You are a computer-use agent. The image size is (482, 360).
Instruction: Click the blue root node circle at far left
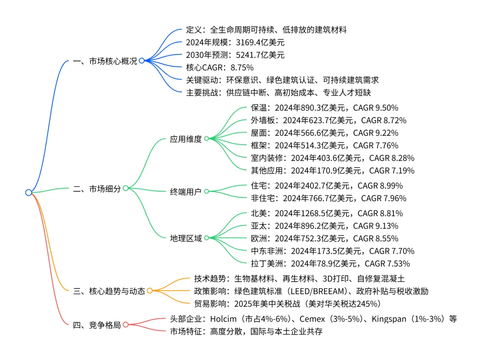click(x=29, y=193)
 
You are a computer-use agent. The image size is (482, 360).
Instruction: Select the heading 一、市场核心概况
click(x=105, y=61)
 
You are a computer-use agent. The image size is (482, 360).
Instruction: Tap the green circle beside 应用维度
click(x=207, y=139)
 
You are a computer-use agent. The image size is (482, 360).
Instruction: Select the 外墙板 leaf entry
click(x=328, y=120)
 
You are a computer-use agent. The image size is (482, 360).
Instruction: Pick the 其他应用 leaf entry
click(x=332, y=170)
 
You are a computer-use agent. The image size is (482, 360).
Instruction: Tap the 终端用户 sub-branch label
click(x=186, y=191)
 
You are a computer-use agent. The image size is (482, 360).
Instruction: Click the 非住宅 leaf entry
click(x=328, y=198)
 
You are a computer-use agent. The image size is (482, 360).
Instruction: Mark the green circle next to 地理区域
click(x=207, y=238)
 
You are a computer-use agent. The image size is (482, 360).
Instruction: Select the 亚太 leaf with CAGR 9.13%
click(x=324, y=226)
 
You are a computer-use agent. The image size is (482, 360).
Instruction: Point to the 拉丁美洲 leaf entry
click(x=330, y=264)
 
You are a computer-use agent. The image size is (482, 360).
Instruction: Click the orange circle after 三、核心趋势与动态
click(x=150, y=291)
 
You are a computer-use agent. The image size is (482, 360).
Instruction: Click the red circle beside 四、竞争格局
click(x=126, y=325)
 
